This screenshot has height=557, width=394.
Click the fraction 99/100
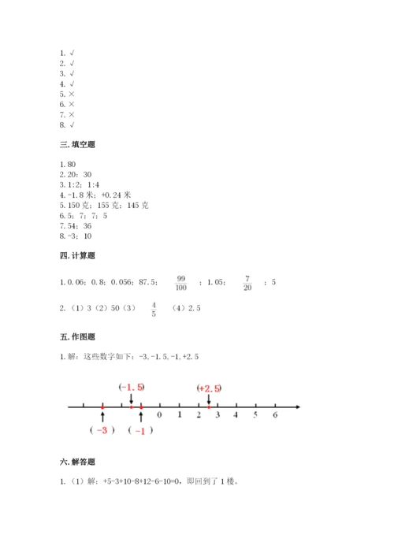click(x=180, y=282)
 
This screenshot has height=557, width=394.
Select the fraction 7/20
click(x=247, y=282)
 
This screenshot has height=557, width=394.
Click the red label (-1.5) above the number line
click(x=131, y=387)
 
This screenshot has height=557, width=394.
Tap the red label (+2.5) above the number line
click(x=209, y=387)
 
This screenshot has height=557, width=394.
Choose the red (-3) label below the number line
click(x=102, y=430)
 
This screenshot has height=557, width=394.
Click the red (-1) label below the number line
click(x=141, y=430)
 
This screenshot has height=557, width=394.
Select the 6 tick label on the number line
click(x=274, y=414)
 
